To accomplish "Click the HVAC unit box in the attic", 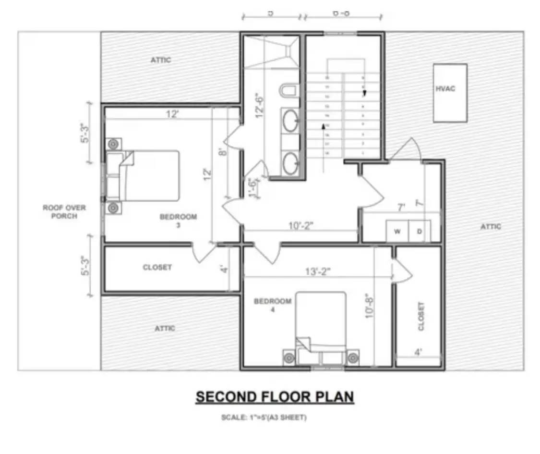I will [x=450, y=93].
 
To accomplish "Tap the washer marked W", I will [x=397, y=232].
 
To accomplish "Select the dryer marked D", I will [x=419, y=232].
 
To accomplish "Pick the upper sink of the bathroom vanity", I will [x=290, y=122].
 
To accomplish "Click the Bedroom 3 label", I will [x=178, y=221].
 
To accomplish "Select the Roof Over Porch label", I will [x=64, y=212].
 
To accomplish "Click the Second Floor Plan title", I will [x=275, y=397].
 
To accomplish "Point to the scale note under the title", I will [x=264, y=417].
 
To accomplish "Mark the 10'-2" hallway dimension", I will [x=301, y=226].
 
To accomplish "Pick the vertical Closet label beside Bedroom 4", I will [x=421, y=316].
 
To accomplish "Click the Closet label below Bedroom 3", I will [x=157, y=267].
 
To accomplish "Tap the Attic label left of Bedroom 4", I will [x=165, y=328].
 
